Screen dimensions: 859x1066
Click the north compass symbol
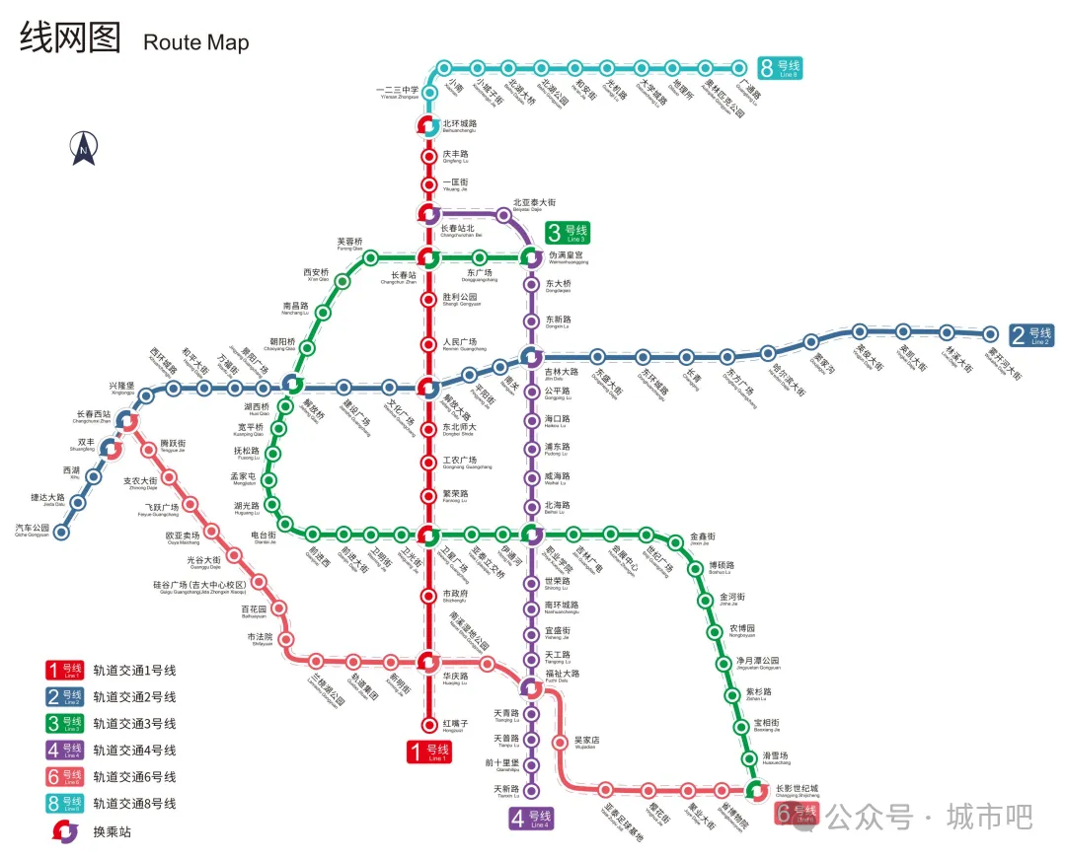click(84, 148)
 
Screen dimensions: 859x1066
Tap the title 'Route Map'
click(195, 42)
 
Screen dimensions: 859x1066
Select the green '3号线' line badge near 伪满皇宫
click(568, 233)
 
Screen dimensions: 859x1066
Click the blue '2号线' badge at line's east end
click(1031, 335)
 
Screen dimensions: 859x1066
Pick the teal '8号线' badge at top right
click(780, 68)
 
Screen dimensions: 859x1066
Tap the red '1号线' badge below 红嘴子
click(429, 752)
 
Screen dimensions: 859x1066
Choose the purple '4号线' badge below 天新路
click(531, 819)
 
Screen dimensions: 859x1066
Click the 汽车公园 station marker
click(61, 533)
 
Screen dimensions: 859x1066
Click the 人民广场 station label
click(460, 343)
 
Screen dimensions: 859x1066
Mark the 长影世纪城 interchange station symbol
click(757, 790)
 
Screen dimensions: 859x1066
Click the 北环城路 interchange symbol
click(428, 126)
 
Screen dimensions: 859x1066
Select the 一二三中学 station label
click(399, 92)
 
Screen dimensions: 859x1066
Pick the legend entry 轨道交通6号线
click(134, 777)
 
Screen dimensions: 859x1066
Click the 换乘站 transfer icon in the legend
click(64, 830)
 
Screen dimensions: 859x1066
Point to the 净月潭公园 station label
click(757, 662)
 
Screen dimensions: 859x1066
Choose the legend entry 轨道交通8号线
click(134, 804)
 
